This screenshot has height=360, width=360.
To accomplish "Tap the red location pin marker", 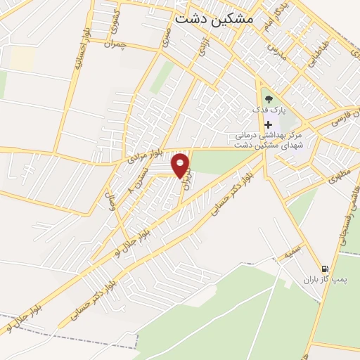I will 181,166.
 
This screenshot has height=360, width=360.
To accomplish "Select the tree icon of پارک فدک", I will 268,98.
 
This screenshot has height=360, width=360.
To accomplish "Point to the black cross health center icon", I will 268,124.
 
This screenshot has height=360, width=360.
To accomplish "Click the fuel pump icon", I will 324,268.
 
